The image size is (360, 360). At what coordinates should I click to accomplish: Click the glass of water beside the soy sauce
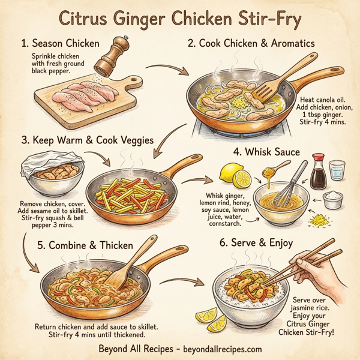(x=338, y=170)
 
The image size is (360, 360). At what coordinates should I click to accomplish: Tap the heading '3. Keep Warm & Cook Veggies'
(x=88, y=140)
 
